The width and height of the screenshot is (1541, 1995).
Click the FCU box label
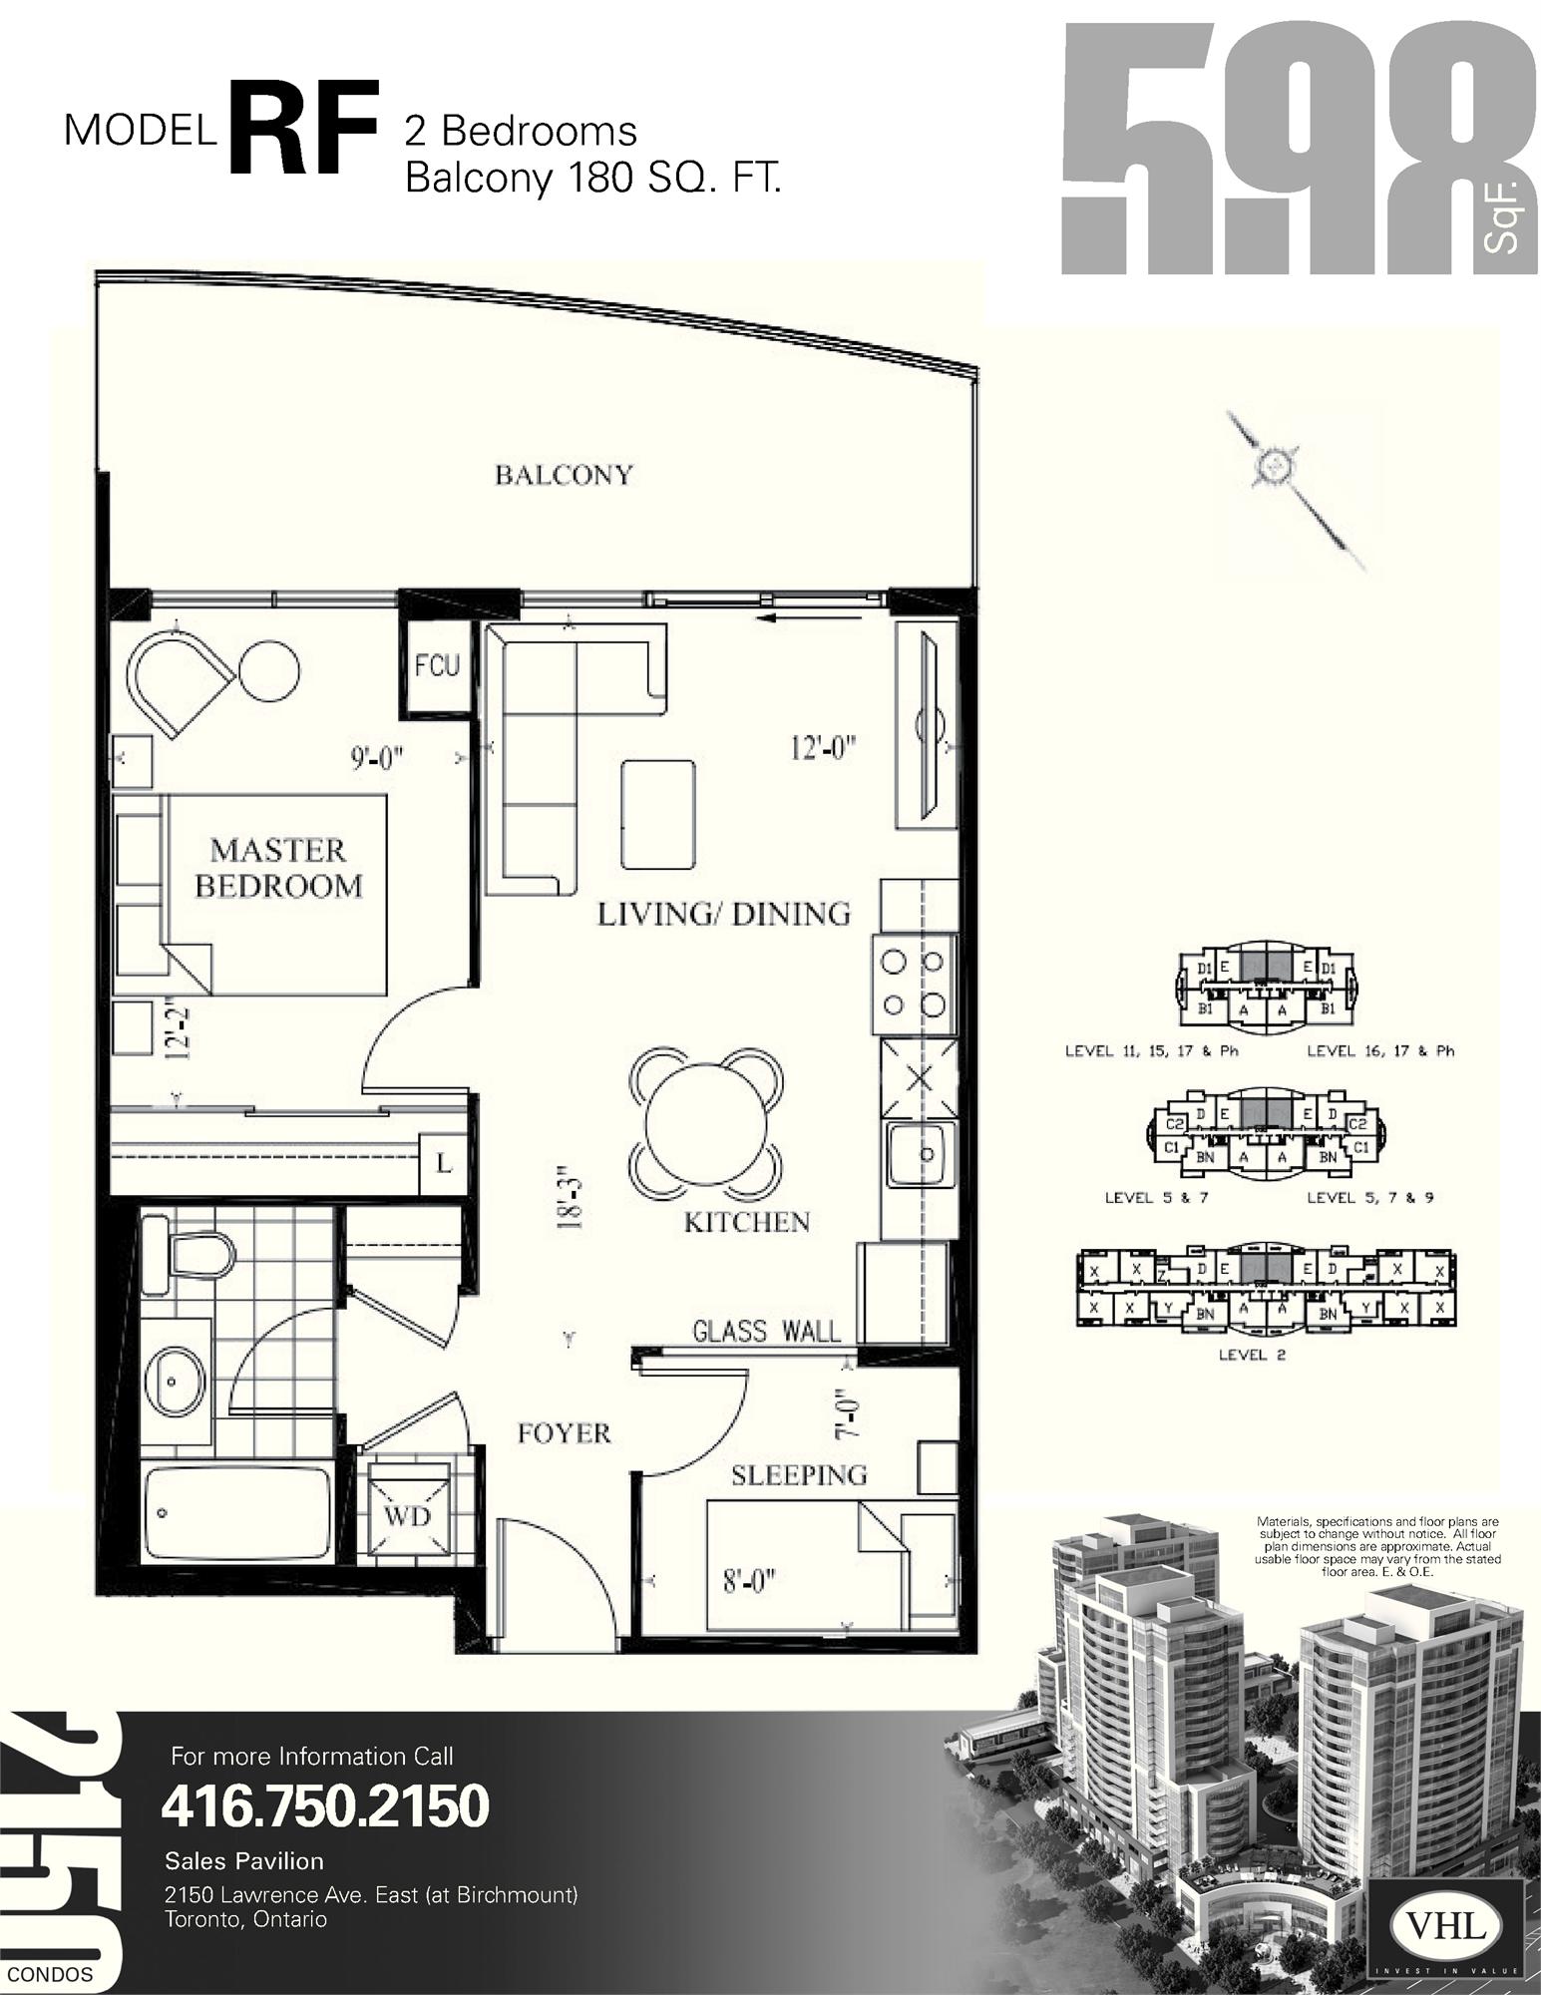(x=437, y=665)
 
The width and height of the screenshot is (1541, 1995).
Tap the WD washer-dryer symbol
(x=407, y=1516)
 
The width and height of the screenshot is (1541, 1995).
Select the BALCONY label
(x=564, y=475)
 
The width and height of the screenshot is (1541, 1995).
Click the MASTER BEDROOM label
(x=278, y=868)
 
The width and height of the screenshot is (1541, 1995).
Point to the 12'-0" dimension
(x=824, y=747)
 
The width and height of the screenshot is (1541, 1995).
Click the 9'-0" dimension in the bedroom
(x=376, y=758)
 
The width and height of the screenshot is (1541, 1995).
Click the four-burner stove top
(x=915, y=985)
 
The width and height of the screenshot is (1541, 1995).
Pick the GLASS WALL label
(x=766, y=1331)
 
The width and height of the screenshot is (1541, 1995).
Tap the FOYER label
(x=564, y=1433)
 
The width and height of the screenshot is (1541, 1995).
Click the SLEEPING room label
(x=799, y=1474)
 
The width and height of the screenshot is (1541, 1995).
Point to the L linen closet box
(x=443, y=1162)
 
